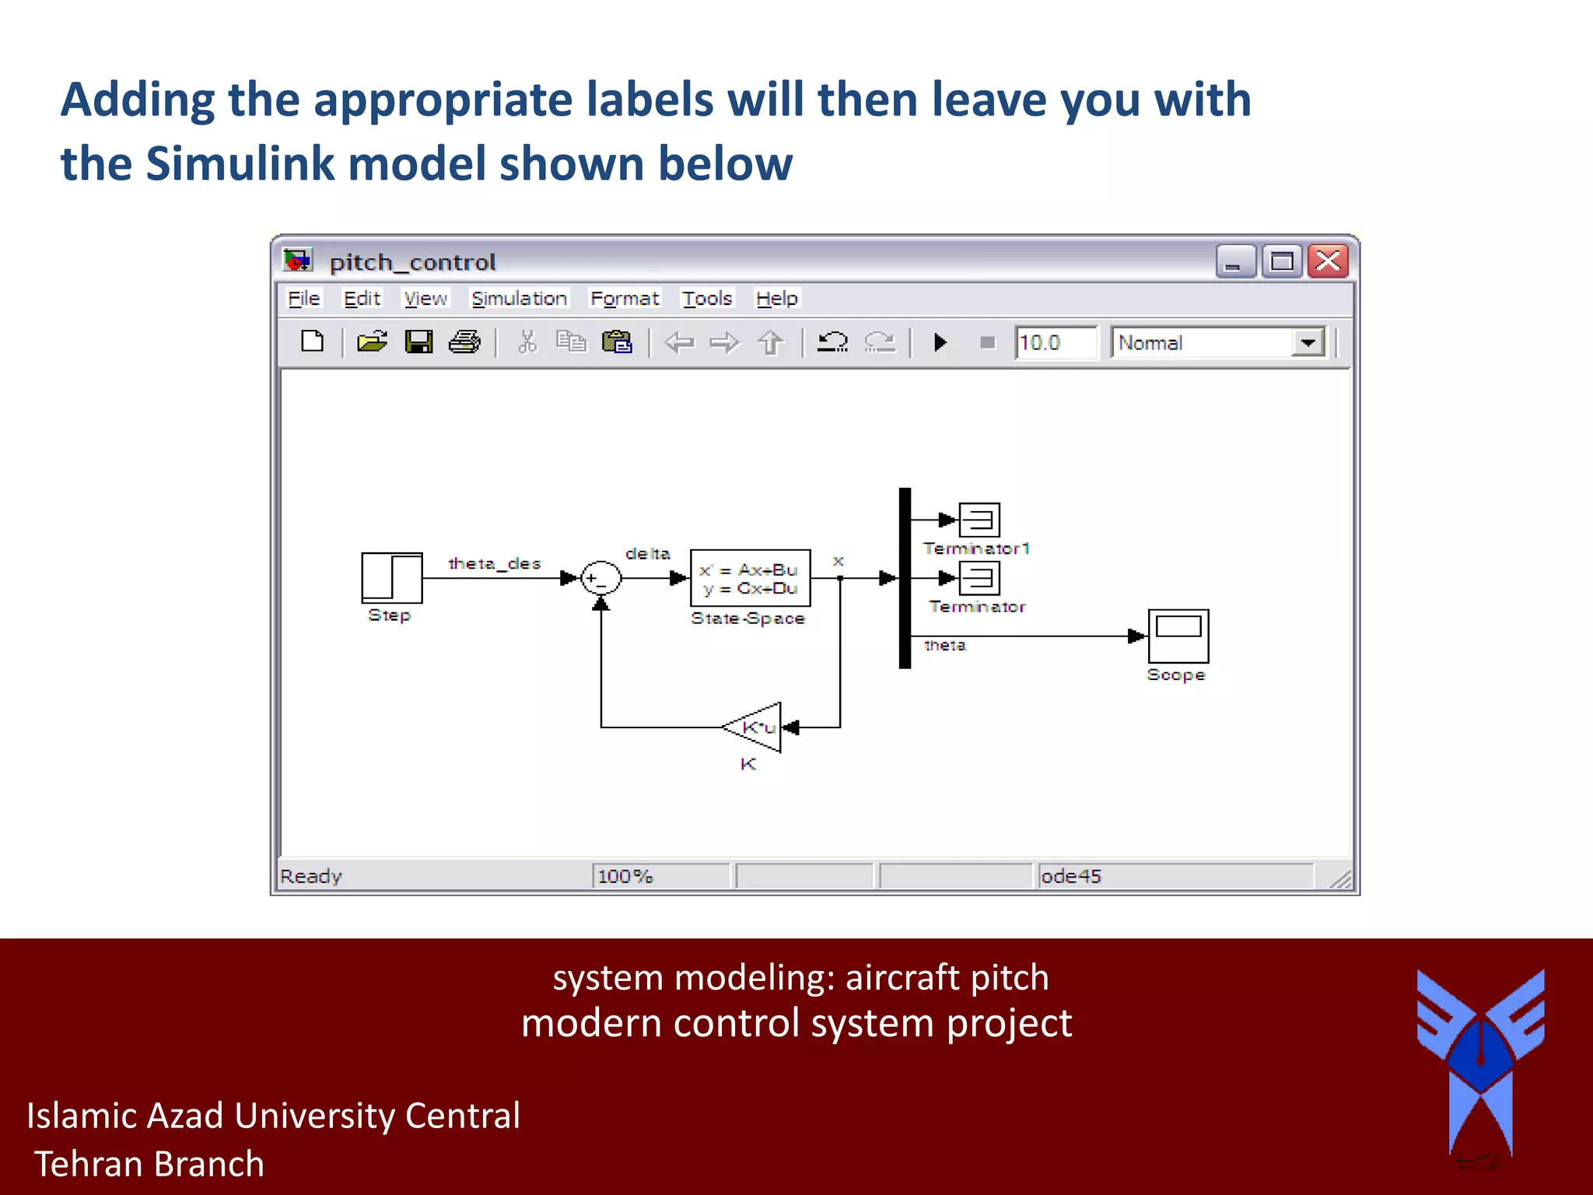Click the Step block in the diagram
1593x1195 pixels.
click(x=391, y=577)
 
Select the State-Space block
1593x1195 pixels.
click(x=750, y=578)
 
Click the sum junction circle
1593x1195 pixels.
click(x=600, y=578)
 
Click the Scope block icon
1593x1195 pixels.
click(x=1178, y=635)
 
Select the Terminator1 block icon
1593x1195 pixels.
click(x=979, y=520)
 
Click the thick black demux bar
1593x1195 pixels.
click(x=905, y=577)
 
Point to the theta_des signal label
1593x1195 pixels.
click(x=494, y=563)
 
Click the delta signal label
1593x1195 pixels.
click(x=647, y=553)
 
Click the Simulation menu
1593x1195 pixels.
click(x=519, y=299)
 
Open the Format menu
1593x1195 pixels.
click(x=624, y=299)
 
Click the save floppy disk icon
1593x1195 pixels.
click(x=418, y=342)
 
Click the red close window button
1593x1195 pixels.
click(x=1328, y=261)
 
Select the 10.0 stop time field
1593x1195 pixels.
click(x=1055, y=342)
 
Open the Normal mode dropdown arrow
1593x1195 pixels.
click(x=1308, y=342)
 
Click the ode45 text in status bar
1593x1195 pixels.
click(x=1070, y=876)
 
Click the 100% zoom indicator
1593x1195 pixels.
click(x=625, y=876)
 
